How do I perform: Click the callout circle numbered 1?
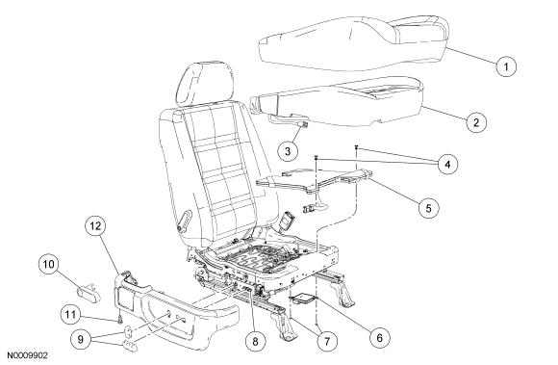[506, 66]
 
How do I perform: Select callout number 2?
[476, 122]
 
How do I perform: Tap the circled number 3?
[288, 151]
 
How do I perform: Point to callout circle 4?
[447, 164]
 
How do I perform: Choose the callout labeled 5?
[428, 208]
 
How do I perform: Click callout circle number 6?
[379, 337]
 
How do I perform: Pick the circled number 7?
[327, 342]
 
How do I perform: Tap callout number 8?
[255, 342]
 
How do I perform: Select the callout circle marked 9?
[81, 339]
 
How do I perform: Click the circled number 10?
[49, 264]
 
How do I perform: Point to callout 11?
[70, 314]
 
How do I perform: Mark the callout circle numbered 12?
[95, 225]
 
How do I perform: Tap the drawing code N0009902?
[28, 355]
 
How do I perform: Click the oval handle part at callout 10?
[89, 291]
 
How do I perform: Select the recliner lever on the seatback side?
[184, 221]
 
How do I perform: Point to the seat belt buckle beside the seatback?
[287, 220]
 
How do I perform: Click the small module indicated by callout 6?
[303, 298]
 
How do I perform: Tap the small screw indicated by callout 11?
[120, 319]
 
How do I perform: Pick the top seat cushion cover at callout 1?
[353, 42]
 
